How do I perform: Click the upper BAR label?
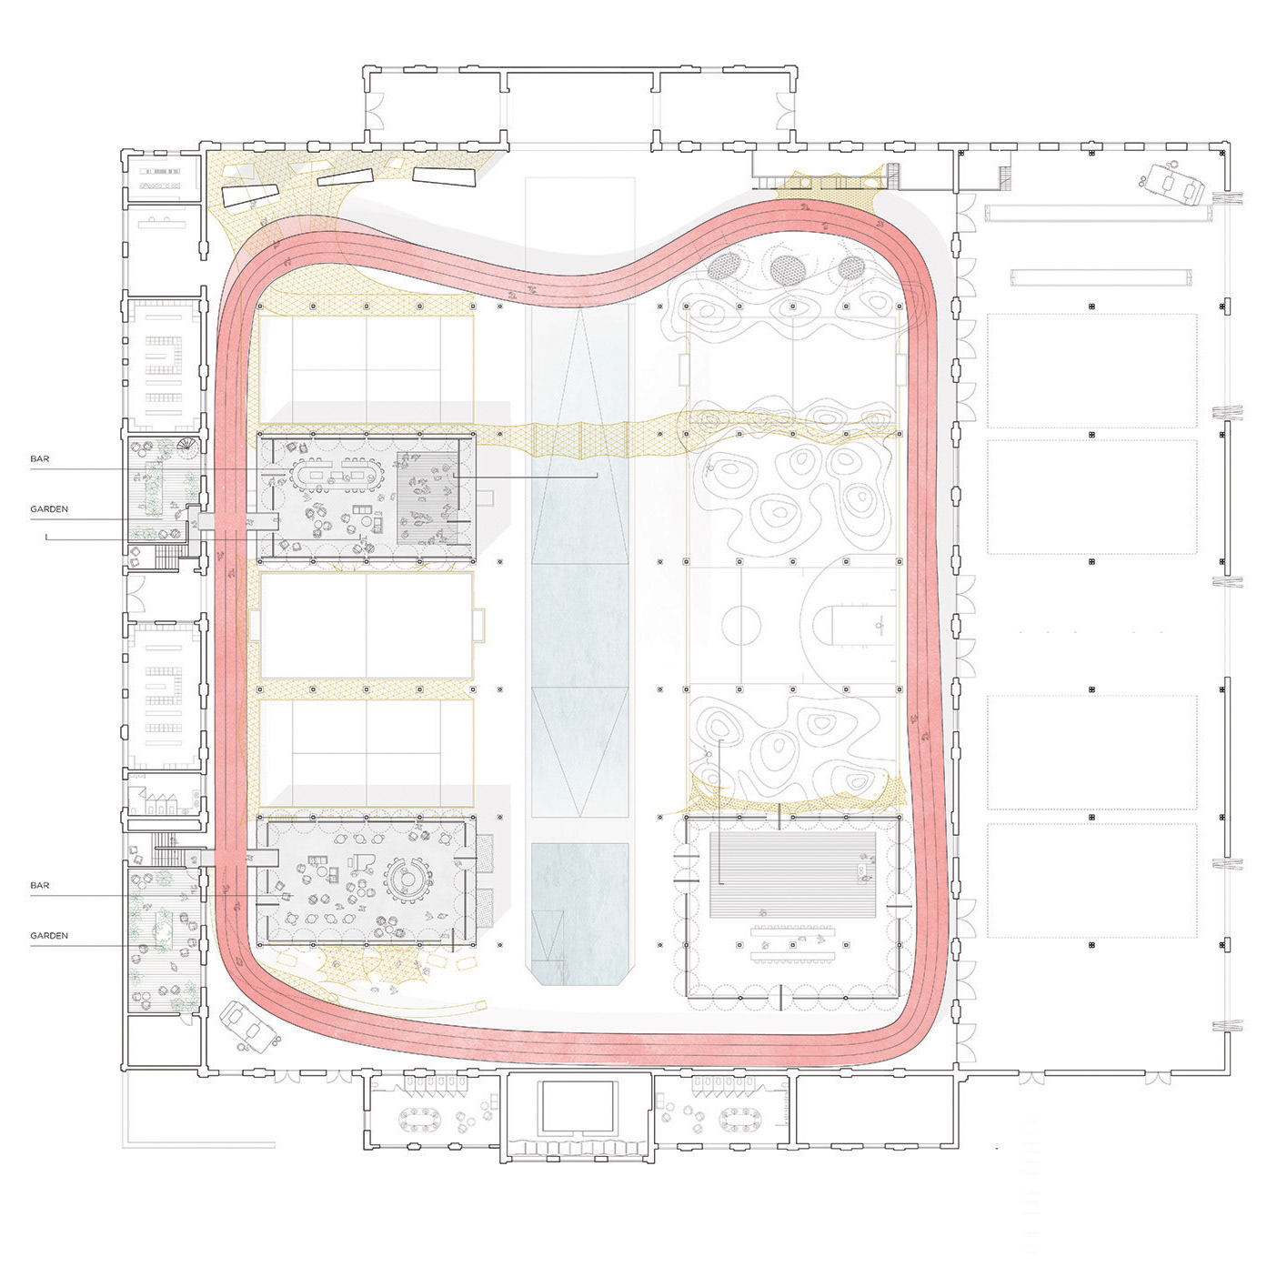click(x=40, y=458)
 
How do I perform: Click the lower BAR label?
click(x=40, y=885)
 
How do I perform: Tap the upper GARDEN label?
click(x=49, y=509)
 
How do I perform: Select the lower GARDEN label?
click(x=49, y=936)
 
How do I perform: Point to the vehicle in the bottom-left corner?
click(x=252, y=1027)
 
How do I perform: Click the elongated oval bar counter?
click(x=332, y=474)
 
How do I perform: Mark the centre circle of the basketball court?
click(x=741, y=625)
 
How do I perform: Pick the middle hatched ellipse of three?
click(x=787, y=268)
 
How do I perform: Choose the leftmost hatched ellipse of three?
click(x=724, y=266)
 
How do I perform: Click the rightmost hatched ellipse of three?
click(x=851, y=268)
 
